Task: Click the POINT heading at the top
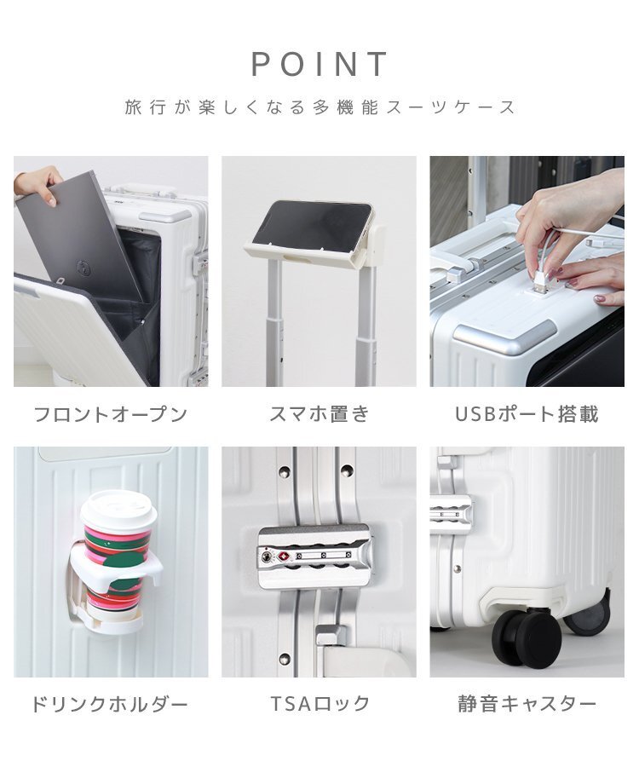[319, 65]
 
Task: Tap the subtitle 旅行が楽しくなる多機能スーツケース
[319, 108]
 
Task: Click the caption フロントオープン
[110, 415]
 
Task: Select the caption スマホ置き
[319, 415]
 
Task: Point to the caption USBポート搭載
[527, 415]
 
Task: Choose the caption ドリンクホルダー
[110, 705]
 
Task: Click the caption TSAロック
[319, 705]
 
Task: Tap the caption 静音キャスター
[527, 705]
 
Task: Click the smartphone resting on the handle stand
[312, 225]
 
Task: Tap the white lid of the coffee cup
[118, 509]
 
